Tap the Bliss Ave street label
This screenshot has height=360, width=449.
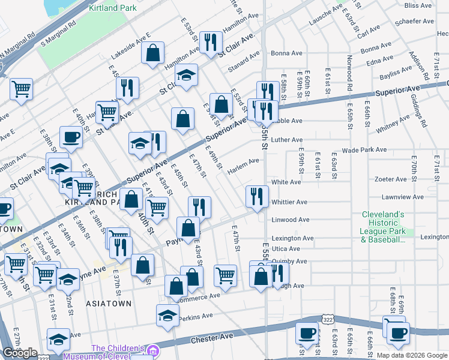click(418, 5)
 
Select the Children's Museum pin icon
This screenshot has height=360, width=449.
click(153, 349)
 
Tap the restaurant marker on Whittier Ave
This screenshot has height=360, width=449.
click(257, 196)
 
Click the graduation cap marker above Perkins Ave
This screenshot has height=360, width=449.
click(167, 316)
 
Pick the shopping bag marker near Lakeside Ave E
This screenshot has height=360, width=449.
click(153, 53)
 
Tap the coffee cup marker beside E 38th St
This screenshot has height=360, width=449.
click(71, 137)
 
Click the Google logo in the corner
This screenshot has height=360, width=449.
click(20, 353)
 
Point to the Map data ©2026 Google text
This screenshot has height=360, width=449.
click(412, 355)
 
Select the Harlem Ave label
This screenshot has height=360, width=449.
click(247, 161)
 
